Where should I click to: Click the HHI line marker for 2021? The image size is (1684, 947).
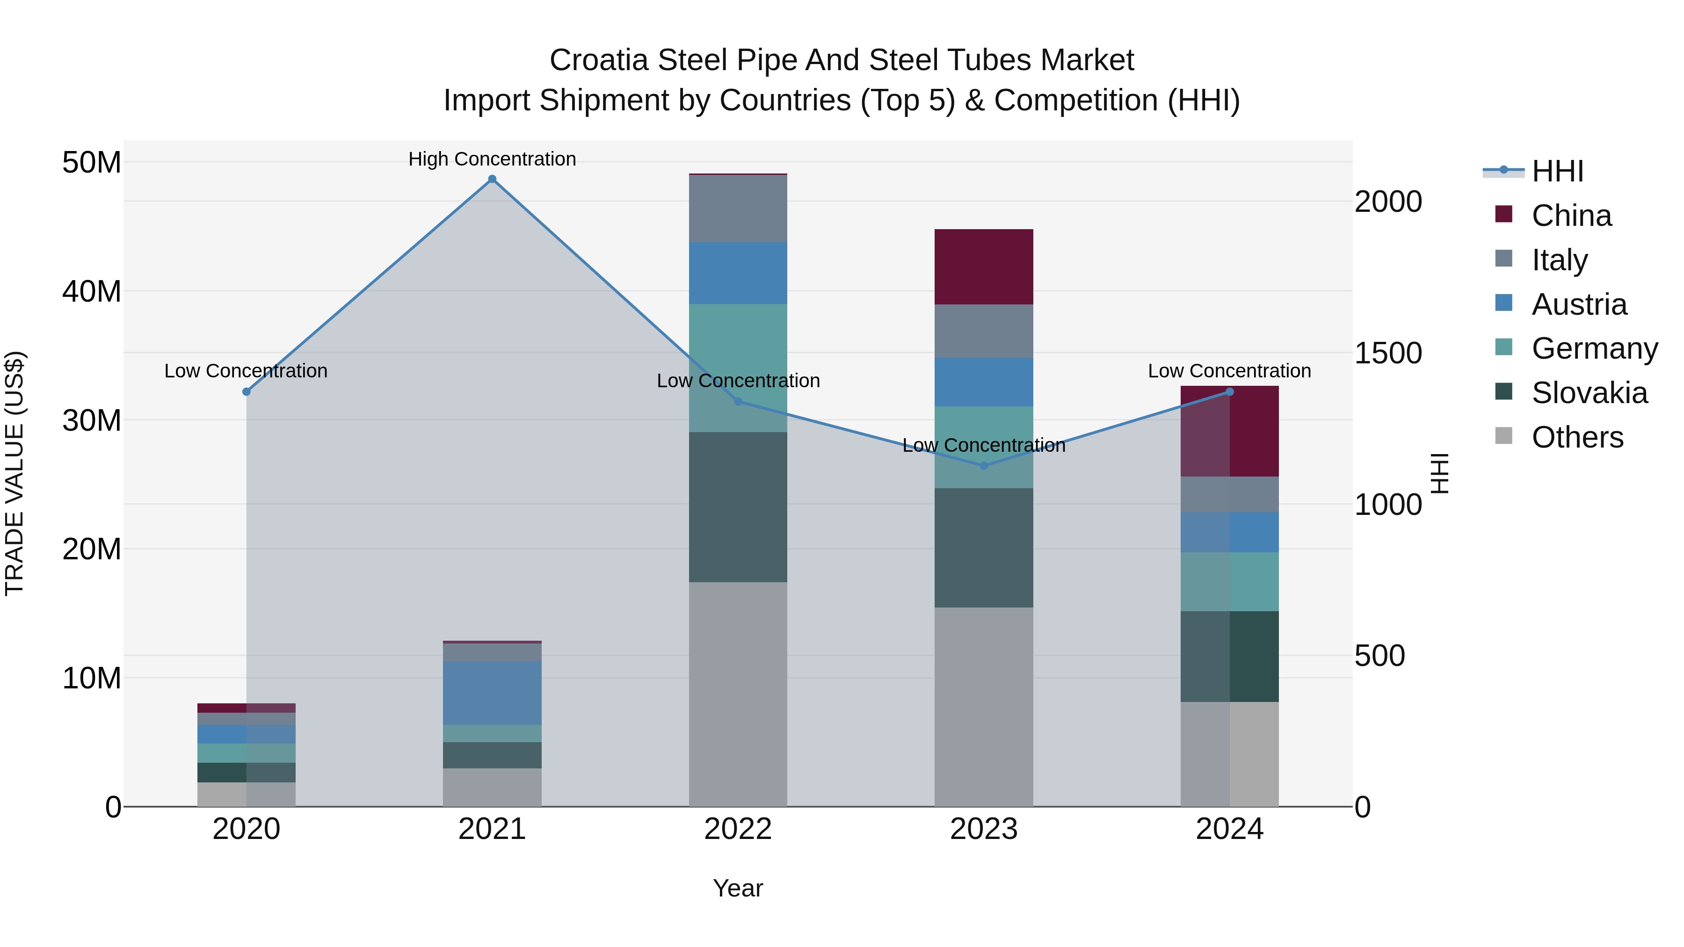pyautogui.click(x=492, y=179)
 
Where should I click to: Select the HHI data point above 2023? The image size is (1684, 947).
pyautogui.click(x=984, y=466)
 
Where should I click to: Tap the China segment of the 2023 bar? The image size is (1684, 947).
pyautogui.click(x=984, y=267)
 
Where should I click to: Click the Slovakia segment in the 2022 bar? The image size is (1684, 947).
pyautogui.click(x=738, y=506)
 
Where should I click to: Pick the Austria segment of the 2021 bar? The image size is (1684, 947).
pyautogui.click(x=492, y=693)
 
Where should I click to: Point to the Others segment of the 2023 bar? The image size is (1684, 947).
pyautogui.click(x=984, y=707)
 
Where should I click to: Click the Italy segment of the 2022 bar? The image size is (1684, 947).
pyautogui.click(x=738, y=209)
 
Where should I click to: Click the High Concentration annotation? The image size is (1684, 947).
pyautogui.click(x=492, y=159)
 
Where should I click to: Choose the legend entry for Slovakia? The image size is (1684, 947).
pyautogui.click(x=1589, y=393)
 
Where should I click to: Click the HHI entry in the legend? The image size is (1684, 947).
pyautogui.click(x=1557, y=171)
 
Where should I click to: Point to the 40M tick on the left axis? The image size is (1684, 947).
pyautogui.click(x=92, y=291)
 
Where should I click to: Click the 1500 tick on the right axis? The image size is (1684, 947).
pyautogui.click(x=1388, y=353)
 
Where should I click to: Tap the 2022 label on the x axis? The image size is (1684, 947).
pyautogui.click(x=738, y=829)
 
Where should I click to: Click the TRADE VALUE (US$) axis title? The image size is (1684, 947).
pyautogui.click(x=15, y=473)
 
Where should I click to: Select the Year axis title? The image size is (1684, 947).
pyautogui.click(x=738, y=888)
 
